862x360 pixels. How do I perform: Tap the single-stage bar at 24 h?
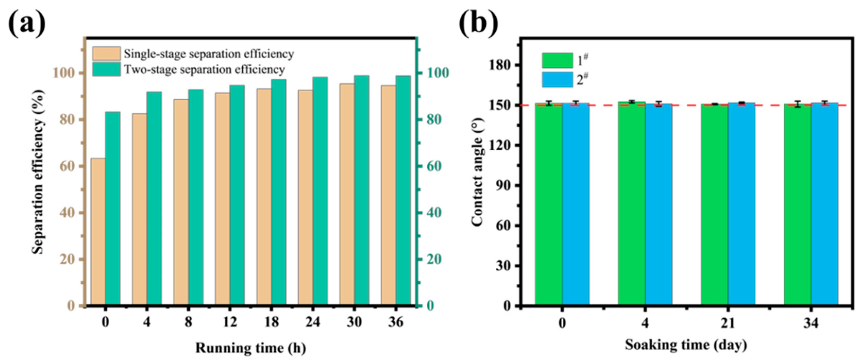(x=306, y=198)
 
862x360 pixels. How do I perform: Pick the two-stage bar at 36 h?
(x=403, y=191)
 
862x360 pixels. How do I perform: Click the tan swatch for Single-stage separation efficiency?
(x=106, y=54)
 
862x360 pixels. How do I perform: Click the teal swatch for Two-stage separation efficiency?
(x=106, y=70)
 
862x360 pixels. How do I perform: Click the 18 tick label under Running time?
(x=271, y=322)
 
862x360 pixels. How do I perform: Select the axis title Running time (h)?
(x=251, y=348)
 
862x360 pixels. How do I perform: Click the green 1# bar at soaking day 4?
(x=631, y=203)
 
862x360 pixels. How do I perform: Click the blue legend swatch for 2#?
(x=557, y=80)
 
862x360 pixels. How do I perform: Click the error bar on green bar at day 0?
(x=548, y=103)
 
